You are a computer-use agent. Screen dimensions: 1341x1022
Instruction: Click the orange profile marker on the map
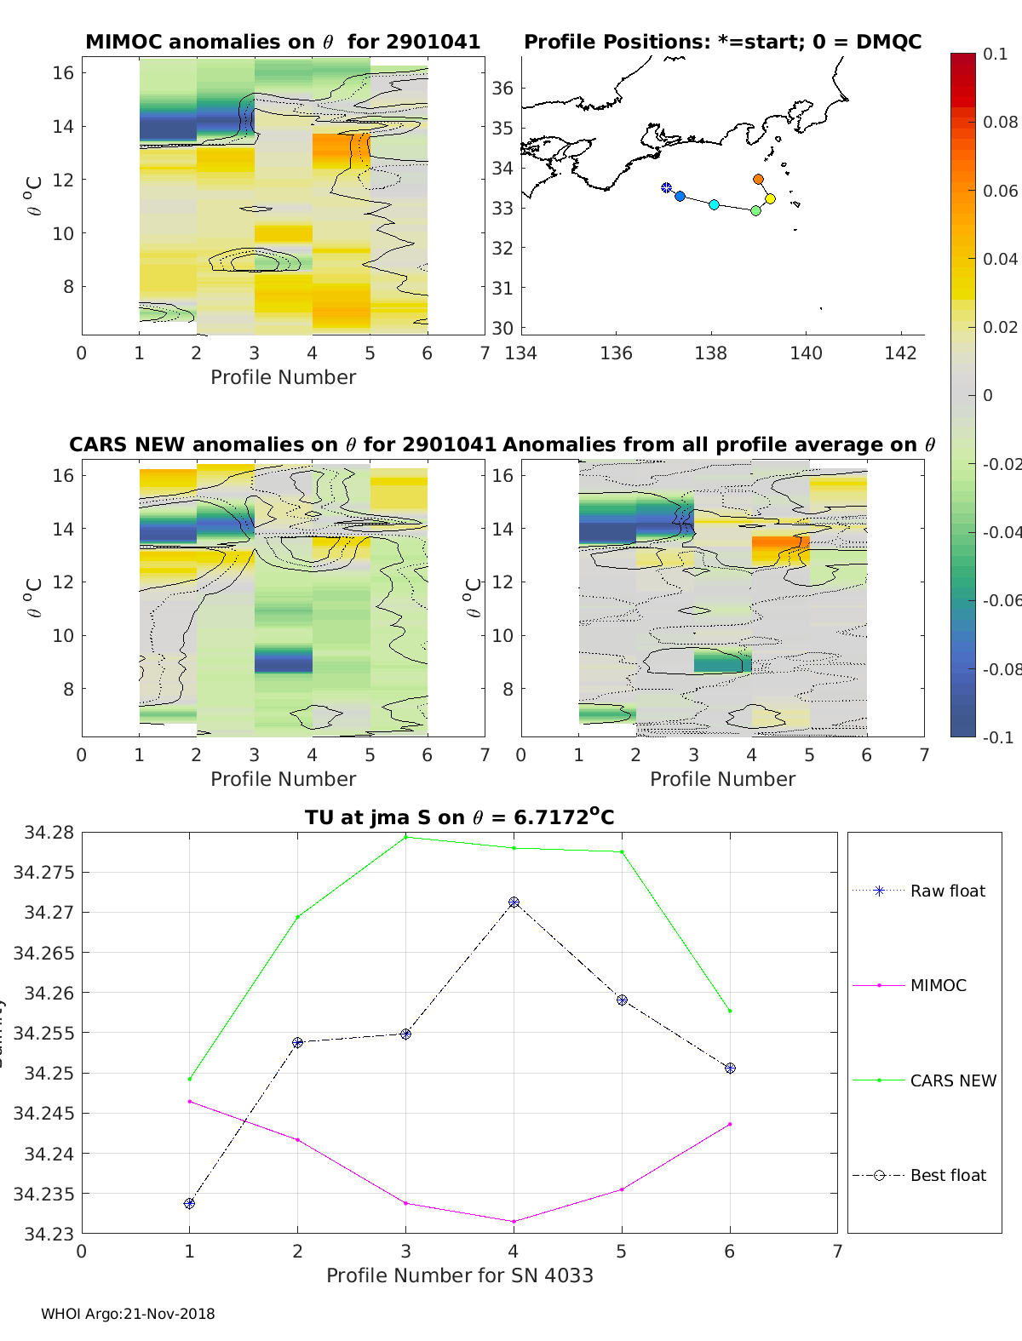(758, 180)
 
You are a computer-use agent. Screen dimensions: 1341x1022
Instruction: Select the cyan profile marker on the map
(714, 205)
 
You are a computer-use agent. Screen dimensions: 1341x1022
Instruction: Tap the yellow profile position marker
(770, 199)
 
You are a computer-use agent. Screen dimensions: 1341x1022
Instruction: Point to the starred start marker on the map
(666, 188)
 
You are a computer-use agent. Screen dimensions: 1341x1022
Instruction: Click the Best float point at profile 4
(514, 903)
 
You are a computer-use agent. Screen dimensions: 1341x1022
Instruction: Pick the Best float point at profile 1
(189, 1203)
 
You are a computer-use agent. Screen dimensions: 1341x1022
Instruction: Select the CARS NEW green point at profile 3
(405, 837)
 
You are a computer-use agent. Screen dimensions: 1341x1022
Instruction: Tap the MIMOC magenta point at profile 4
(514, 1221)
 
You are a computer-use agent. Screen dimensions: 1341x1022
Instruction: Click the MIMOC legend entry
(938, 985)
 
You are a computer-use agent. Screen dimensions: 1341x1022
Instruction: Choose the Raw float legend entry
(947, 891)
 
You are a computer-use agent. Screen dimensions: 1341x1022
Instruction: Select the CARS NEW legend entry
(952, 1080)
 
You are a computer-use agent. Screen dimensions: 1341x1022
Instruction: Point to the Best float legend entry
(947, 1175)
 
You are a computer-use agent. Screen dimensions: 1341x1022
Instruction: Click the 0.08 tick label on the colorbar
(1000, 122)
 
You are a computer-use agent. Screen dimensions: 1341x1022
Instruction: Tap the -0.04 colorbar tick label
(1001, 532)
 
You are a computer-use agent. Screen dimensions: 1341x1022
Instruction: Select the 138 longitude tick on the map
(711, 352)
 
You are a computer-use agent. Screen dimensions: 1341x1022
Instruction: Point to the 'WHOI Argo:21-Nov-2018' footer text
(128, 1314)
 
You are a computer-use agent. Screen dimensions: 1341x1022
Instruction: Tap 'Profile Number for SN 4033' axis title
(459, 1275)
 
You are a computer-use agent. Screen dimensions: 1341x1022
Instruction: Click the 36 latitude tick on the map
(502, 89)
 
